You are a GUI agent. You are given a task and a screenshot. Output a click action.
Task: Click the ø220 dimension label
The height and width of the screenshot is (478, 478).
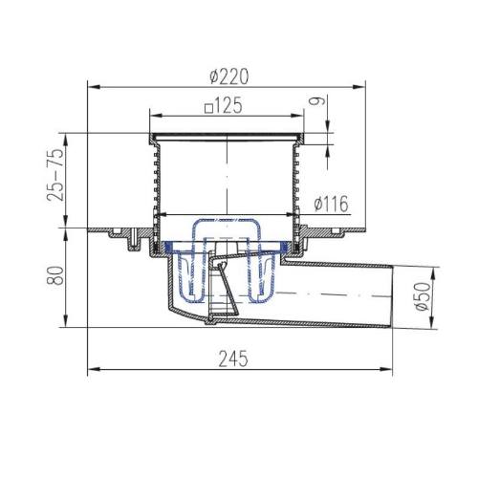pos(228,77)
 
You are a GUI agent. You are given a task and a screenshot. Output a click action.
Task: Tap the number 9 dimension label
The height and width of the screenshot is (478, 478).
pos(317,100)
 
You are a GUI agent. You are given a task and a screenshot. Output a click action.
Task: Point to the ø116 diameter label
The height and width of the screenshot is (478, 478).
pos(331,204)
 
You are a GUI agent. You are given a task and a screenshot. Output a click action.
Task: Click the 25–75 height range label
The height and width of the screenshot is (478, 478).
pos(55,174)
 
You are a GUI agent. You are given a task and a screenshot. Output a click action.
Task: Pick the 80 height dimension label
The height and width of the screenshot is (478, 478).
pos(55,275)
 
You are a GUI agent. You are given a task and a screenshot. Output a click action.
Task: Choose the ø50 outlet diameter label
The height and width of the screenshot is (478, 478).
pos(424,296)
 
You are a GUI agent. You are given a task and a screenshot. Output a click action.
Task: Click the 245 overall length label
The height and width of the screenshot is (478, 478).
pos(233,358)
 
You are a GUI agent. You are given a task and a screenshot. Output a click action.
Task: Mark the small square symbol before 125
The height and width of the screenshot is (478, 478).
pos(208,109)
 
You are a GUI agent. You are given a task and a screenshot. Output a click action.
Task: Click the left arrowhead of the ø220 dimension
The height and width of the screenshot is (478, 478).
pos(94,86)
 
